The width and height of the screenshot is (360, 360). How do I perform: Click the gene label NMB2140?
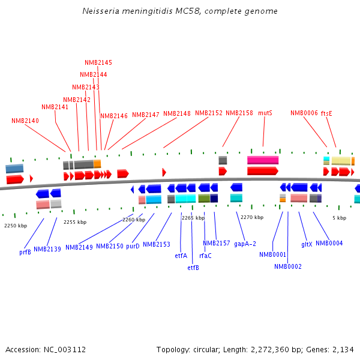(25, 121)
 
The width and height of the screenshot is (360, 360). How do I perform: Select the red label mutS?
(265, 113)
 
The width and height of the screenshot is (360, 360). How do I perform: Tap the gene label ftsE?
(326, 113)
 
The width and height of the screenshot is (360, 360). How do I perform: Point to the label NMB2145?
(98, 62)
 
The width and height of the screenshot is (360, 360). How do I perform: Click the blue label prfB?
(25, 252)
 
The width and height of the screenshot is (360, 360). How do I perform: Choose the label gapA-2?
(245, 244)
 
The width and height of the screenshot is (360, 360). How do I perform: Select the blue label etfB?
(193, 268)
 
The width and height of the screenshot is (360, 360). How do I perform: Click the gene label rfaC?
(205, 256)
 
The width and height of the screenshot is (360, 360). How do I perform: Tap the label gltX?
(307, 244)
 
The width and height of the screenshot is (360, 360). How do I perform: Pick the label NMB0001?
(273, 254)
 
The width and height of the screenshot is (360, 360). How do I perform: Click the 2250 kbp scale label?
(16, 226)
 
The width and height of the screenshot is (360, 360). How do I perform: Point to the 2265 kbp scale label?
(193, 218)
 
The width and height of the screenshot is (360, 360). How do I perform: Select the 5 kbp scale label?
(339, 218)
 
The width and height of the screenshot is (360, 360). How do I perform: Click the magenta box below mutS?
(263, 160)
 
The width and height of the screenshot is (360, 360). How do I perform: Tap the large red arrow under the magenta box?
(263, 171)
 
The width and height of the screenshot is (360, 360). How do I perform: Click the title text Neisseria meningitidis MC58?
(180, 11)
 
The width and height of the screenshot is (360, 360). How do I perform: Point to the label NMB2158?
(239, 113)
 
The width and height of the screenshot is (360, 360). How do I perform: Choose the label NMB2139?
(47, 249)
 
